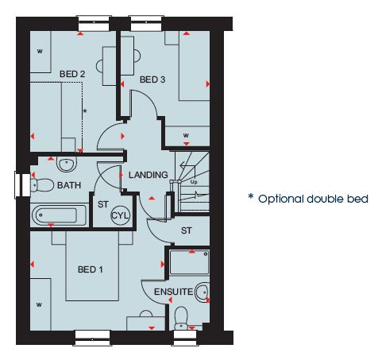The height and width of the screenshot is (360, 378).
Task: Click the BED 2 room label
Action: click(72, 74)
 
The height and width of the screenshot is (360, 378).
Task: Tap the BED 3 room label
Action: click(152, 79)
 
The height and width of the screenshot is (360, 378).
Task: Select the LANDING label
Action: click(148, 175)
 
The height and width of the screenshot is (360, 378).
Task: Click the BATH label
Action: click(69, 185)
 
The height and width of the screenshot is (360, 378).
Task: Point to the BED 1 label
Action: click(91, 269)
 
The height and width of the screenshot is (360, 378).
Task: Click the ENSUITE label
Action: click(174, 292)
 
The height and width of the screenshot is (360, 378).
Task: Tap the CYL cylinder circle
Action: click(121, 215)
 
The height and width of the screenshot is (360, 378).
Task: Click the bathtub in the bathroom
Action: click(60, 215)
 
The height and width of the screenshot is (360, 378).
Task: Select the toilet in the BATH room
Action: click(42, 185)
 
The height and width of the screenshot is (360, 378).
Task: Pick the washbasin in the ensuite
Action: click(202, 292)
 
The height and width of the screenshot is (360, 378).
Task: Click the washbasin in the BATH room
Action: click(67, 164)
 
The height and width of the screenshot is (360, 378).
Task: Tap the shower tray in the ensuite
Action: click(189, 262)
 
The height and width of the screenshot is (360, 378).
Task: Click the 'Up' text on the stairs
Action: click(194, 182)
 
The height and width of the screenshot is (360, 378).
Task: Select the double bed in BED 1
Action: click(92, 265)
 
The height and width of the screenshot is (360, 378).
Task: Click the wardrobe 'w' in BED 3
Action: click(186, 135)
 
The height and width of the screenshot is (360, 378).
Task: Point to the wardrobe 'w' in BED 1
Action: click(39, 304)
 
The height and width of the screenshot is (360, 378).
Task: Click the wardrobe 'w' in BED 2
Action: click(40, 51)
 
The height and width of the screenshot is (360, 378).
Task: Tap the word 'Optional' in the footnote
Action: click(281, 199)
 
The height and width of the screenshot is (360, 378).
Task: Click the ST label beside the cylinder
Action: click(103, 204)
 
